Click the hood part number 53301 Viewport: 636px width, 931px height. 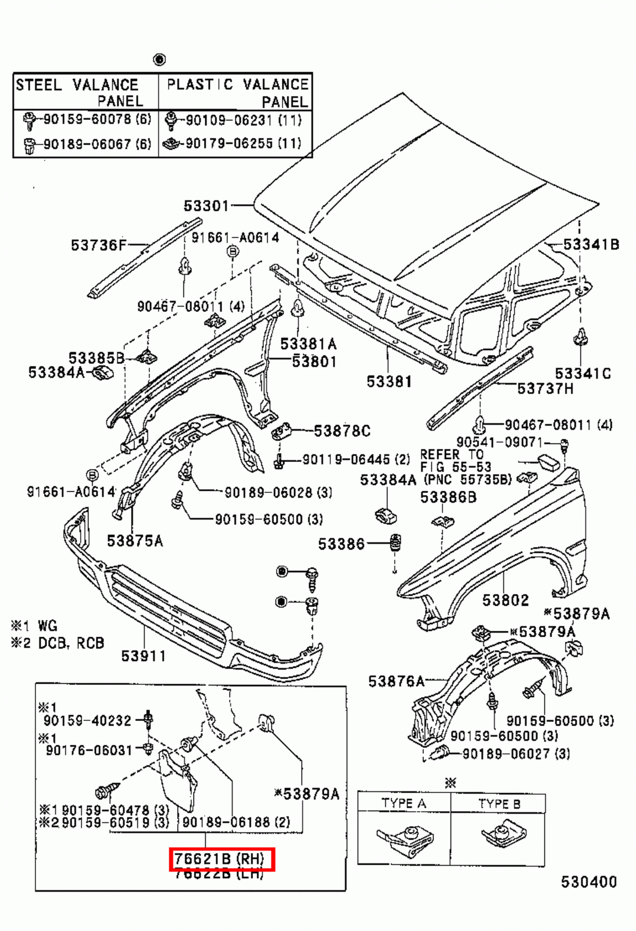(206, 205)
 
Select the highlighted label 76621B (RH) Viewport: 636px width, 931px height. (221, 859)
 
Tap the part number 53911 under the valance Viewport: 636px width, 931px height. (143, 656)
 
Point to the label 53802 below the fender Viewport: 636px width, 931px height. (505, 600)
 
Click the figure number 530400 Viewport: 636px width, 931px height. (588, 882)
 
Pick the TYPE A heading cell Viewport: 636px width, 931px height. (403, 804)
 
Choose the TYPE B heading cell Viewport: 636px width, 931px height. (499, 804)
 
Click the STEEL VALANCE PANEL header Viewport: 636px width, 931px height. (85, 92)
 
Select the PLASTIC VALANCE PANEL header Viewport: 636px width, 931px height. (236, 92)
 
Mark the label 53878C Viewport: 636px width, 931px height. (342, 431)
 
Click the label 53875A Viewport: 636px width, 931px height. (135, 541)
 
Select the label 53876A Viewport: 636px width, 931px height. (396, 681)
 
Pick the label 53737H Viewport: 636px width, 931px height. (545, 388)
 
